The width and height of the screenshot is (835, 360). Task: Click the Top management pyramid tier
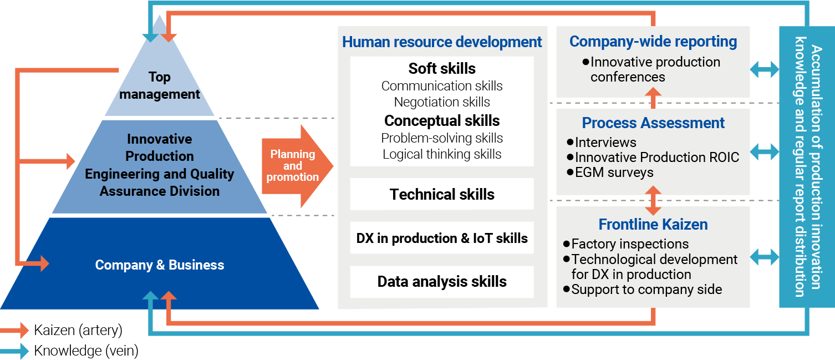160,85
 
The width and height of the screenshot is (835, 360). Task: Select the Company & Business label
160,265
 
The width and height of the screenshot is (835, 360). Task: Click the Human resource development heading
442,42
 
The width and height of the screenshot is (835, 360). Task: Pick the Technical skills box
442,195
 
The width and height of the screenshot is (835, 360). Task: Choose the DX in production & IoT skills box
442,239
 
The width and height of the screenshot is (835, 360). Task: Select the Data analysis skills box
442,282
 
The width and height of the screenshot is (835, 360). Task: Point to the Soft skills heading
442,69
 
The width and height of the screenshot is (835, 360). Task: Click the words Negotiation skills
442,102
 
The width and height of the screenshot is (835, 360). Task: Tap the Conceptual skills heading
442,121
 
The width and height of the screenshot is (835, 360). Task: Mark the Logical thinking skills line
442,154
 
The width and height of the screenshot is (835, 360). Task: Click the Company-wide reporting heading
653,42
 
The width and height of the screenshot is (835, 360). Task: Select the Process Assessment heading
653,123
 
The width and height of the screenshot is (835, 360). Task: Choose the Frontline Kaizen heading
653,225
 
